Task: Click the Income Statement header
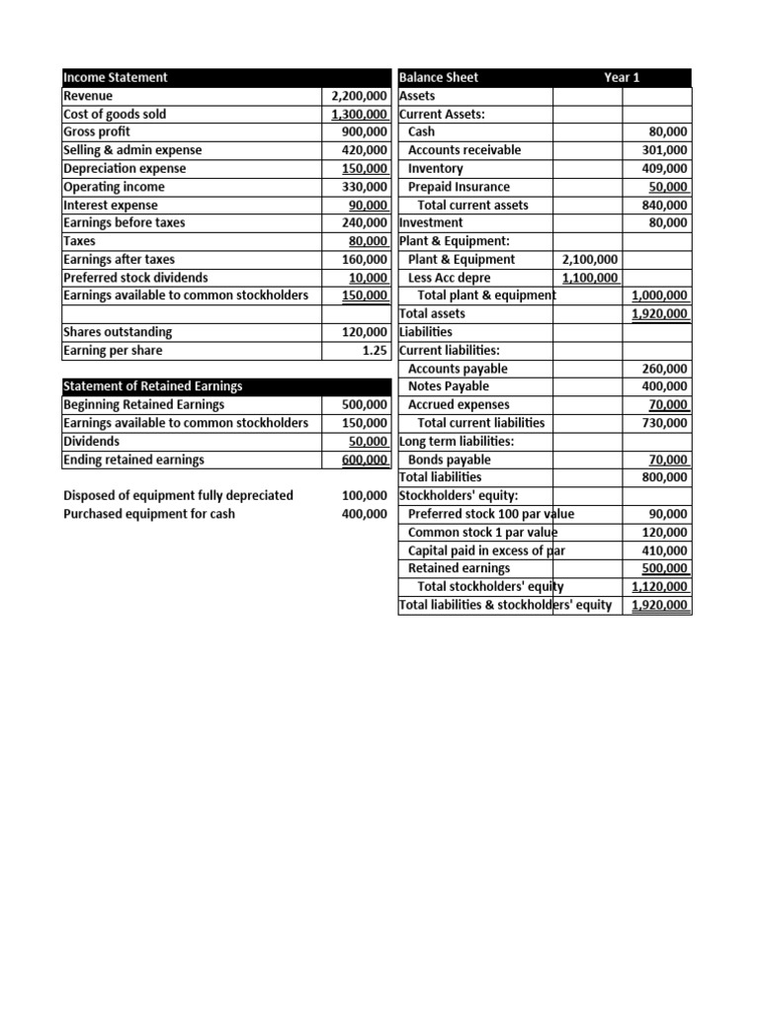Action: (116, 77)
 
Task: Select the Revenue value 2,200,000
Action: (358, 96)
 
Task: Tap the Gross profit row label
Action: (97, 131)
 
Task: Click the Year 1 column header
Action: (622, 77)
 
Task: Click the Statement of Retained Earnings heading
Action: (152, 386)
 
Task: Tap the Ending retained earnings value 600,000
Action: (364, 460)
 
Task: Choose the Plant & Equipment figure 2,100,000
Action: (590, 259)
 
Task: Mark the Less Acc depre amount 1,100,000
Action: (590, 278)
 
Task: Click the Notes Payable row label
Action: (448, 386)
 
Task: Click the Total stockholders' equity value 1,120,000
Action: (660, 587)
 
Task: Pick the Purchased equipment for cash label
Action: (149, 514)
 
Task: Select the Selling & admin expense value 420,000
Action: (364, 150)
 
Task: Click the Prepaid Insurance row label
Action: (459, 187)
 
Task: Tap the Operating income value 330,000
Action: (364, 187)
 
